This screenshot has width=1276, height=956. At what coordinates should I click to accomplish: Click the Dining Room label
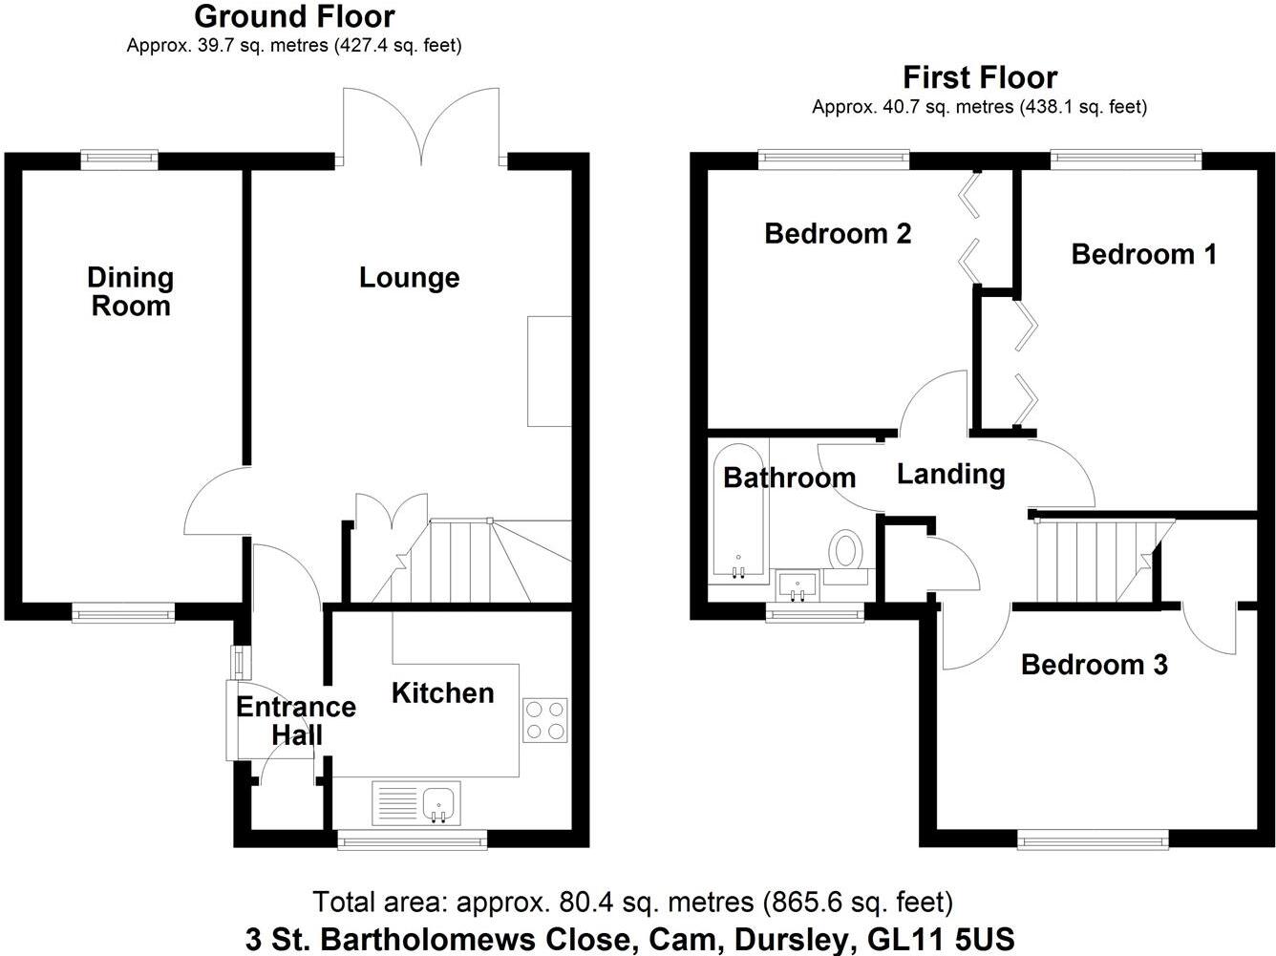tap(130, 291)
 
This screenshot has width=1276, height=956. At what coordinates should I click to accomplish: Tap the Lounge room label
tap(409, 278)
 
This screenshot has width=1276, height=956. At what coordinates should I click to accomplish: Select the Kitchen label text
tap(442, 692)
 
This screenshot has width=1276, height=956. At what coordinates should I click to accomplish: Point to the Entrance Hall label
tap(295, 720)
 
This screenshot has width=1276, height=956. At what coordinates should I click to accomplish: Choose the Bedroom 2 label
tap(838, 233)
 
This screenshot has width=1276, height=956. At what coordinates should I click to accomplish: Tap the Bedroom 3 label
tap(1094, 664)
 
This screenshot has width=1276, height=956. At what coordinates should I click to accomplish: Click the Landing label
tap(950, 474)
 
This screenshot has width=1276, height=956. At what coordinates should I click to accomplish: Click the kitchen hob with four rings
tap(545, 720)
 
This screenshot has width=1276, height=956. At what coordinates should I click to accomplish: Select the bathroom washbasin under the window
tap(796, 584)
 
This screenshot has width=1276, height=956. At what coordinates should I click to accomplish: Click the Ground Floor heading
tap(294, 16)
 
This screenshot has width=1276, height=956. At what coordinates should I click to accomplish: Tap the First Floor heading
tap(980, 76)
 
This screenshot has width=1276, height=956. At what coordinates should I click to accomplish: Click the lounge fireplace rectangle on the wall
tap(549, 371)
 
